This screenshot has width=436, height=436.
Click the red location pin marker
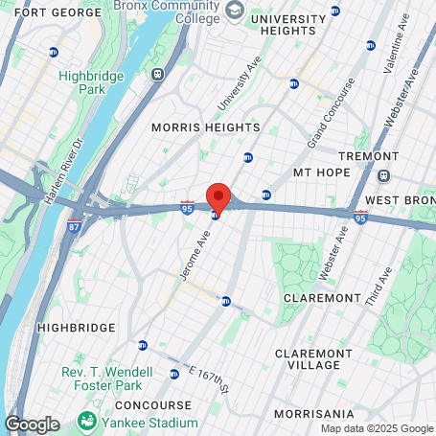pyautogui.click(x=218, y=196)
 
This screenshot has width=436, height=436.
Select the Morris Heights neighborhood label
pyautogui.click(x=205, y=127)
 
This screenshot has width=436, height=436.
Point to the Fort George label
pyautogui.click(x=40, y=12)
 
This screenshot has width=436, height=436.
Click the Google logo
pyautogui.click(x=32, y=424)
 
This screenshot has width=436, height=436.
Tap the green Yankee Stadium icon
pyautogui.click(x=88, y=420)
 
